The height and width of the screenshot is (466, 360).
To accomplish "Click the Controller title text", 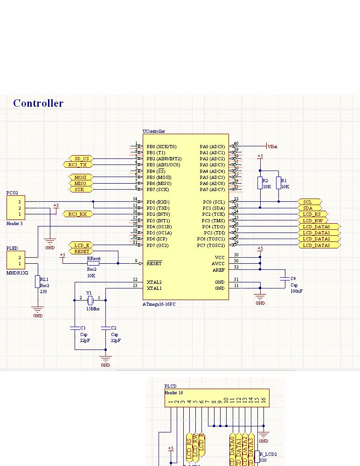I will coord(38,103).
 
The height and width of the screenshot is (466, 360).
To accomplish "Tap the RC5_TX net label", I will coord(77,165).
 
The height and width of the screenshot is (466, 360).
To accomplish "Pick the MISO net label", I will coord(80,183).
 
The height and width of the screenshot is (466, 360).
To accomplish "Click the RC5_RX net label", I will coord(77,214).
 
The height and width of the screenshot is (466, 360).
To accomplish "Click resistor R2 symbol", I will coord(260,183).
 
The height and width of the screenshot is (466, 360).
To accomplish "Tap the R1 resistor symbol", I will coord(278,183).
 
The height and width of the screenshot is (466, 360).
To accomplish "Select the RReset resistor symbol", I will coord(93,263).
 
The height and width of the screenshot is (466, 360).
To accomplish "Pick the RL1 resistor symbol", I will coord(37,281).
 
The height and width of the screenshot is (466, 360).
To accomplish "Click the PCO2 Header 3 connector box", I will coord(16,208).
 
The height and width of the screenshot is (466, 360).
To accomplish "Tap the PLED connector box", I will coord(16,260).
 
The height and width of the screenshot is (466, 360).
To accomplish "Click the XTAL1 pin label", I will coord(154,288).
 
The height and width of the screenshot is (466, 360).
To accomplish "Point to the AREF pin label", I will coord(218,270).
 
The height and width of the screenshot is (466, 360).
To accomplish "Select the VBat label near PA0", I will coord(272,146).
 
